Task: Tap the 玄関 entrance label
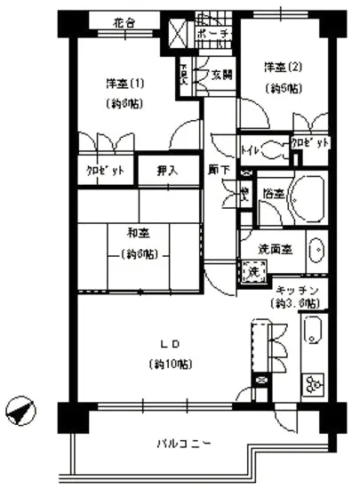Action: (x=221, y=75)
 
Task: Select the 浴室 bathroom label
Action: (x=271, y=193)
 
